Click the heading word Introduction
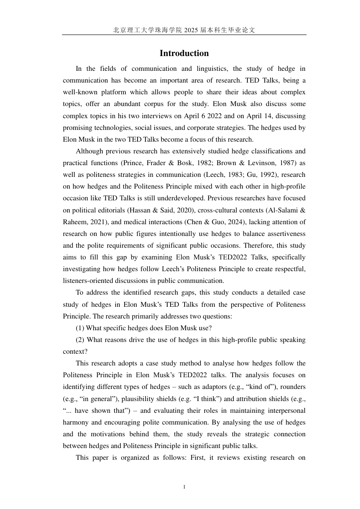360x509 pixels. [x=184, y=53]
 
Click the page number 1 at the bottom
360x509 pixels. [x=184, y=487]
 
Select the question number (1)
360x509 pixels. [x=80, y=328]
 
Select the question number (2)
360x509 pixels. [x=80, y=340]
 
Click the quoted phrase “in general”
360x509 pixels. [x=85, y=399]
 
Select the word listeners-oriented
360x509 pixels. [x=88, y=281]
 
